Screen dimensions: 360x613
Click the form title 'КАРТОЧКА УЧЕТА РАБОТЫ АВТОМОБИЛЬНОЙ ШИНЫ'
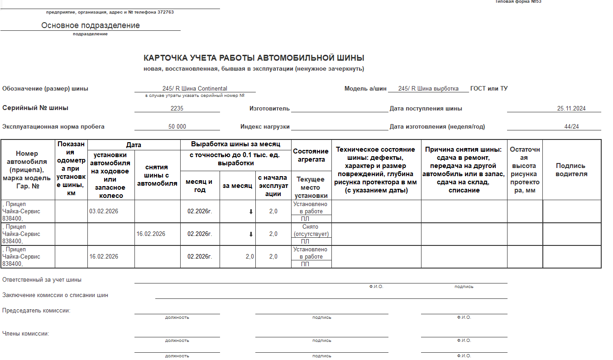pyautogui.click(x=254, y=58)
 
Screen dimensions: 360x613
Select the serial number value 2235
pyautogui.click(x=177, y=109)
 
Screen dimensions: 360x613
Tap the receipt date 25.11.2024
pyautogui.click(x=571, y=109)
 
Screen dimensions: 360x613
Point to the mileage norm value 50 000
pyautogui.click(x=177, y=127)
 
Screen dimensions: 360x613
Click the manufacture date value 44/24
pyautogui.click(x=571, y=127)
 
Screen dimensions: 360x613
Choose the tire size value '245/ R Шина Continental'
pyautogui.click(x=195, y=89)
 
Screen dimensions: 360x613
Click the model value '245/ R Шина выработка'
pyautogui.click(x=428, y=89)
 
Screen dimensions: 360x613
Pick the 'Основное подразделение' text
pyautogui.click(x=91, y=25)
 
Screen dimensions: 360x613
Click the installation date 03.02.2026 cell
pyautogui.click(x=104, y=211)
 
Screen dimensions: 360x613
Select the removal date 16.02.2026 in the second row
pyautogui.click(x=151, y=234)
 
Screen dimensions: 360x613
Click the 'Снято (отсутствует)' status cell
pyautogui.click(x=311, y=230)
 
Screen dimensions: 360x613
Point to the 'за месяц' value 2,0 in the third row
pyautogui.click(x=249, y=257)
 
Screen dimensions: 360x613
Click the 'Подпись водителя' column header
pyautogui.click(x=571, y=170)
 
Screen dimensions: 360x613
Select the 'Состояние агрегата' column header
pyautogui.click(x=311, y=155)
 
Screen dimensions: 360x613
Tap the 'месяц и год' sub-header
pyautogui.click(x=200, y=186)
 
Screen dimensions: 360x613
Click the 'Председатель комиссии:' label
pyautogui.click(x=36, y=311)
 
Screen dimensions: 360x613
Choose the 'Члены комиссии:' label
pyautogui.click(x=26, y=334)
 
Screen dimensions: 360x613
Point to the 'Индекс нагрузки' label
pyautogui.click(x=264, y=127)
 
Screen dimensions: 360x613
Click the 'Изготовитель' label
pyautogui.click(x=269, y=109)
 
